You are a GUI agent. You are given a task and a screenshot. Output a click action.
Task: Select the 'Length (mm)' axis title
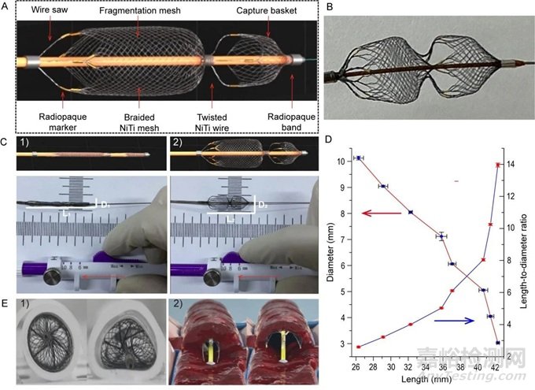click(429, 380)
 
